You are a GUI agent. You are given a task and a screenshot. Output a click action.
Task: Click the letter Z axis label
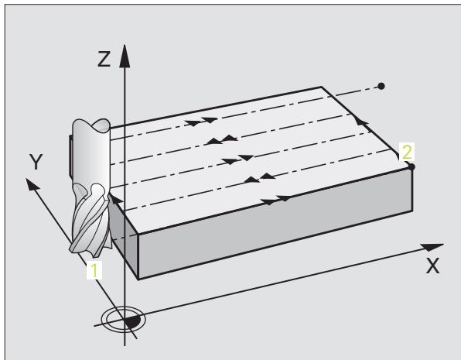coord(104,59)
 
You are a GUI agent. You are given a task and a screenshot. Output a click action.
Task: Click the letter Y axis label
coord(36,162)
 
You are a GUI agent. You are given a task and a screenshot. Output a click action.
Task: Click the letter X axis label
coord(433,266)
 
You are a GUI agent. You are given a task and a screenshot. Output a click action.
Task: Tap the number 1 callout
coord(94,270)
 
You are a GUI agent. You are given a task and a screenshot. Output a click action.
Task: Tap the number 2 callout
coord(407,152)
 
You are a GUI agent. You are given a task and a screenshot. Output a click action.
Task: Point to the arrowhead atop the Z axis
coord(125,56)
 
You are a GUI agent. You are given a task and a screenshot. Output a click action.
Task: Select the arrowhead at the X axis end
coord(432,247)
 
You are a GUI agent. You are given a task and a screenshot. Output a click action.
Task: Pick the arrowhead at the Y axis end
coord(32,183)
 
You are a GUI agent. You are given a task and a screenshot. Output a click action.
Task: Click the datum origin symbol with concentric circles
coord(123,320)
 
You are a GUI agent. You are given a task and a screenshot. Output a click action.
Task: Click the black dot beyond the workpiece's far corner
coord(381,86)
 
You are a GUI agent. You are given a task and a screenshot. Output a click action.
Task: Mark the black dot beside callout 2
coord(411,167)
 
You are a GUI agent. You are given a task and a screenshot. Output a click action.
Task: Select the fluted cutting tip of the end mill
coord(90,219)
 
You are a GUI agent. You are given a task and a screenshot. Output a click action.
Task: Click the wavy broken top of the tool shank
coord(91,125)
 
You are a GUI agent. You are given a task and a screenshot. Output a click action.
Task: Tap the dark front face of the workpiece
coord(275,223)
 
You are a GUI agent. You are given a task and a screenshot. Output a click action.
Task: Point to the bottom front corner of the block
coord(138,279)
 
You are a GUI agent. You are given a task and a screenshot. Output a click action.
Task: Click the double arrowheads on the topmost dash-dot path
coord(201,122)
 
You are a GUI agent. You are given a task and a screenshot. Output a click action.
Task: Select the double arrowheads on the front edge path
coord(276,201)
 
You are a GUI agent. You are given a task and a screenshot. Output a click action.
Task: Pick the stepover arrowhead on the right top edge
coord(360,122)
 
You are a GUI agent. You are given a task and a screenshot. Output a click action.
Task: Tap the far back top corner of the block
coord(321,87)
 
